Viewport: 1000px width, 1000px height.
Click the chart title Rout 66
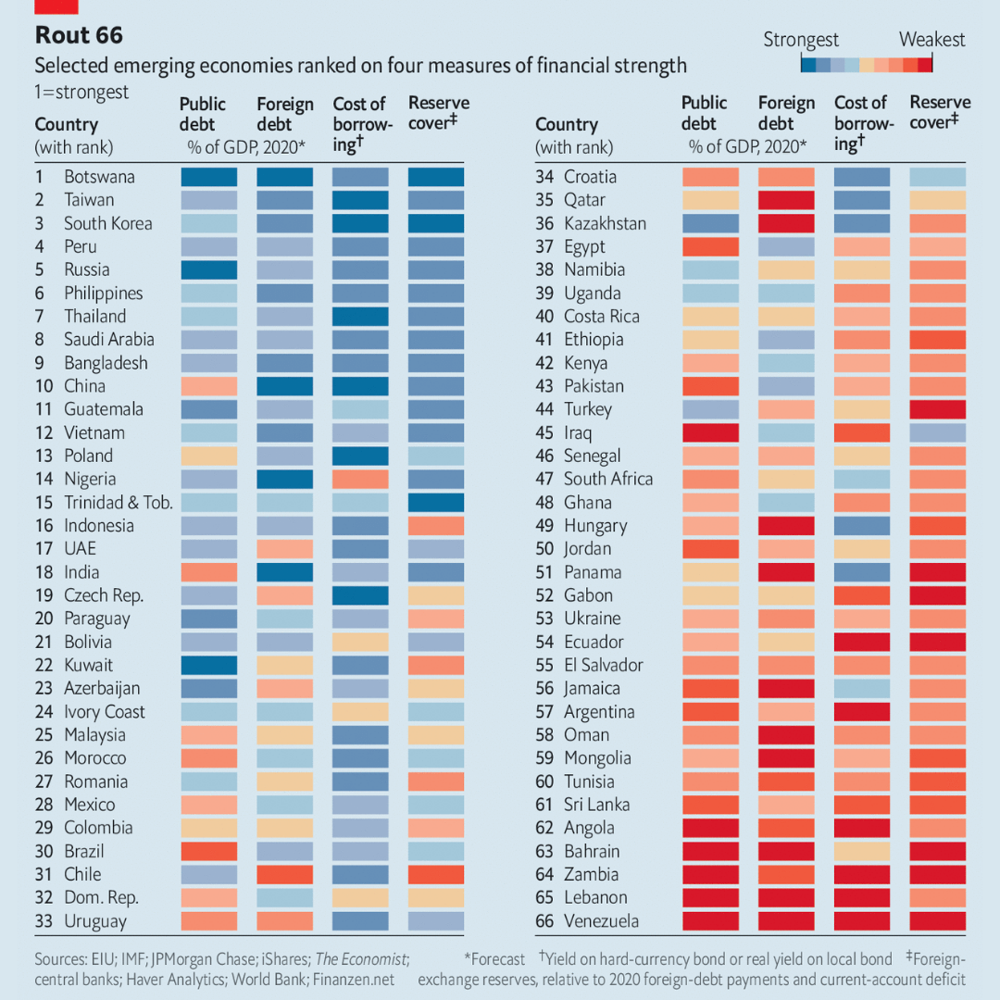[79, 36]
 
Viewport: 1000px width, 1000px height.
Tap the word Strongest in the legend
[801, 40]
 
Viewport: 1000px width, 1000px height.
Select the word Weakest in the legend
[931, 40]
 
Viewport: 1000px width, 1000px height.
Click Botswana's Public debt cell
[208, 177]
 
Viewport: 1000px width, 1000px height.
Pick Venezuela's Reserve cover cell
[938, 921]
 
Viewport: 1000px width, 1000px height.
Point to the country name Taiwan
[89, 200]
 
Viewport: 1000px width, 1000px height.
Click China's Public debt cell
[208, 386]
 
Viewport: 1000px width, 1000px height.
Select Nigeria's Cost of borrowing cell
[360, 479]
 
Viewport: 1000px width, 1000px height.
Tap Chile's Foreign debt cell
[284, 874]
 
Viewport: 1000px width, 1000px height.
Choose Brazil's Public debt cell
[208, 851]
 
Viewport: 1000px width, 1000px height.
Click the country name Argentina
[599, 712]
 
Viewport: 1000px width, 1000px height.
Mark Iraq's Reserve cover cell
[938, 432]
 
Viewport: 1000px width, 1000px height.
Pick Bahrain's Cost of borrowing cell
[862, 851]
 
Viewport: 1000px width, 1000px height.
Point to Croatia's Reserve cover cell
[938, 177]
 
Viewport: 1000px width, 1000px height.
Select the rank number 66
[545, 921]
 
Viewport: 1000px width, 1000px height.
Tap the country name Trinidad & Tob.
[119, 502]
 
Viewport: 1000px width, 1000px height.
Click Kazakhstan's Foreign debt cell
[786, 223]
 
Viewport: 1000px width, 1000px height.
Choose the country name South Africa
[608, 479]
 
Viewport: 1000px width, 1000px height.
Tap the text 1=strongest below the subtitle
[81, 93]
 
